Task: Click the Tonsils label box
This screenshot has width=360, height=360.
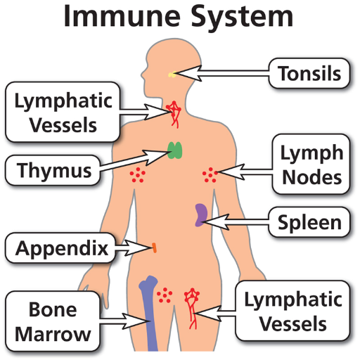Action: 309,73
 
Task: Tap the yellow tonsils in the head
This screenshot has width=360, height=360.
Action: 172,75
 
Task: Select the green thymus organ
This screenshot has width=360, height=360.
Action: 175,150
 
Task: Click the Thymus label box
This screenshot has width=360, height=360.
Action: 53,170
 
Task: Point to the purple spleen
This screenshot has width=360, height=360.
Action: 201,214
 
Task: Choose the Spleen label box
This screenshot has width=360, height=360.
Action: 309,222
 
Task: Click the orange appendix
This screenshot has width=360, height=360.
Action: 154,247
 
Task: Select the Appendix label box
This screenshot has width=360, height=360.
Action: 60,248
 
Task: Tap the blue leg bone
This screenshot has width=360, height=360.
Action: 149,314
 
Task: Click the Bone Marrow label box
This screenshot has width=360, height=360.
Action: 53,321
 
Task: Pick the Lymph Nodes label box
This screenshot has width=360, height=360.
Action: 311,164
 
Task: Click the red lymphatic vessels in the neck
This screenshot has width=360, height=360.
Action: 174,114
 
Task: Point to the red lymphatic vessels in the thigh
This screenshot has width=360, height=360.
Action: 192,308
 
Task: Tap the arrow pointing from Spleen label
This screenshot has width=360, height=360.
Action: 236,221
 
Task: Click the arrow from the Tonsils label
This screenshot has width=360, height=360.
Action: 221,73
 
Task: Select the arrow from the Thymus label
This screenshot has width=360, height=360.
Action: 134,160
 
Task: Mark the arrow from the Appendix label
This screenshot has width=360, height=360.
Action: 134,247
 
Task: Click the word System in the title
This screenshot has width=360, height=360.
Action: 242,17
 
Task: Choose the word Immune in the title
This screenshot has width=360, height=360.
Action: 122,16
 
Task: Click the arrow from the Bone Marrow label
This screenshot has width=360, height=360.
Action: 125,321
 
